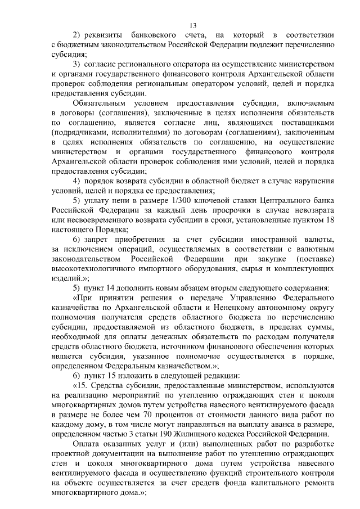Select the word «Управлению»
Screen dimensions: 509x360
[253, 299]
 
